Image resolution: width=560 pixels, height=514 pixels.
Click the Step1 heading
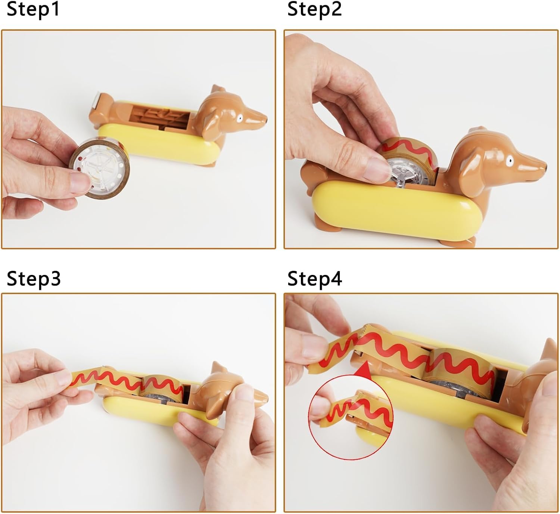pyautogui.click(x=33, y=10)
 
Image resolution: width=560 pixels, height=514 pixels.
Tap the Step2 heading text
pyautogui.click(x=314, y=10)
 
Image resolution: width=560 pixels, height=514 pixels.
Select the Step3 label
pyautogui.click(x=34, y=279)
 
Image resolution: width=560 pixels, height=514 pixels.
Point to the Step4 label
pyautogui.click(x=315, y=279)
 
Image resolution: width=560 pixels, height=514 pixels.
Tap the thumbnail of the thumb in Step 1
pyautogui.click(x=81, y=183)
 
